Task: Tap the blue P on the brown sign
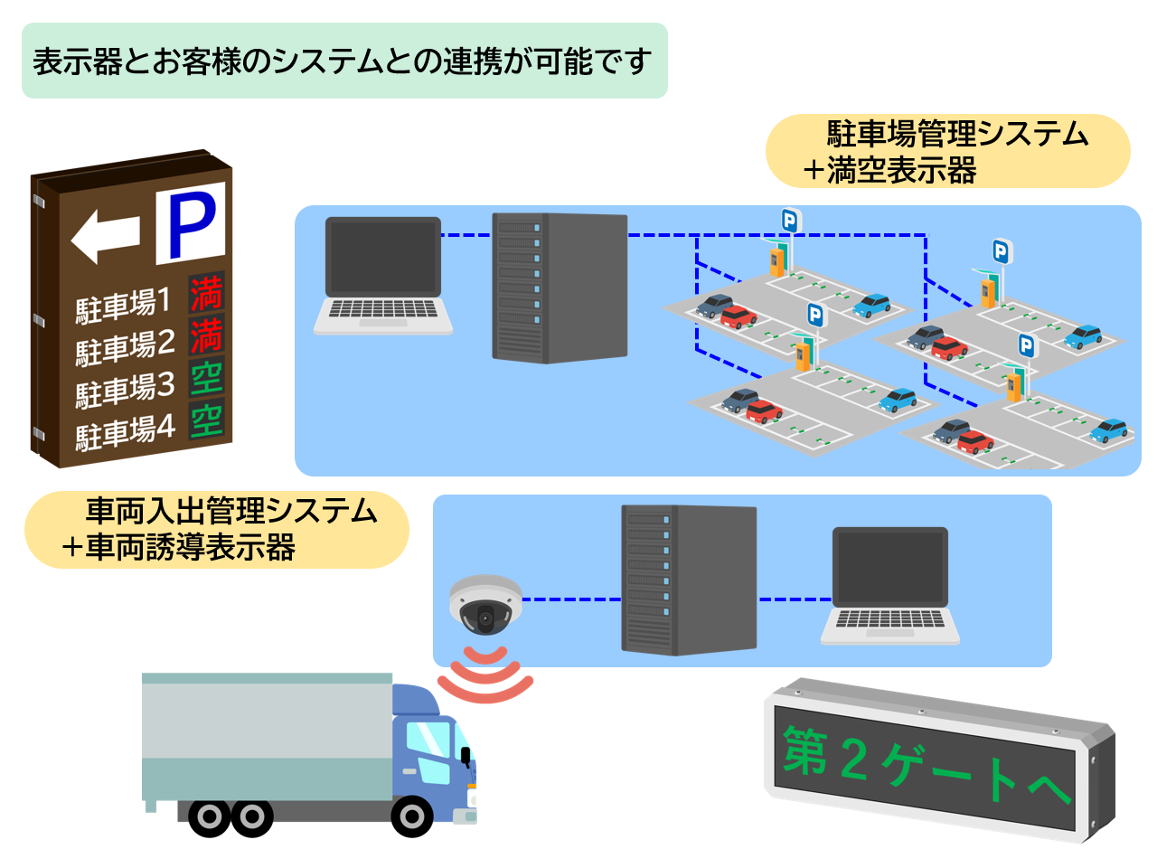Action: click(x=191, y=224)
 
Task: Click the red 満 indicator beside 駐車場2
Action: click(x=206, y=336)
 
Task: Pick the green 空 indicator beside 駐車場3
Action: click(x=207, y=378)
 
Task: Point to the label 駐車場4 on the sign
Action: click(x=125, y=431)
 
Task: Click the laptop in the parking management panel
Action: click(x=383, y=276)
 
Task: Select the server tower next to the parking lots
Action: click(x=560, y=288)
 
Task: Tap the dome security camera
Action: click(x=485, y=604)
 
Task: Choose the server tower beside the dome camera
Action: click(x=689, y=579)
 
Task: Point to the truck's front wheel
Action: click(x=411, y=816)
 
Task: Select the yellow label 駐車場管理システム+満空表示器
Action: click(x=947, y=151)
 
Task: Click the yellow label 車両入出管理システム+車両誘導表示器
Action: click(x=217, y=530)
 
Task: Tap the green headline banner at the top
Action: click(x=343, y=61)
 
